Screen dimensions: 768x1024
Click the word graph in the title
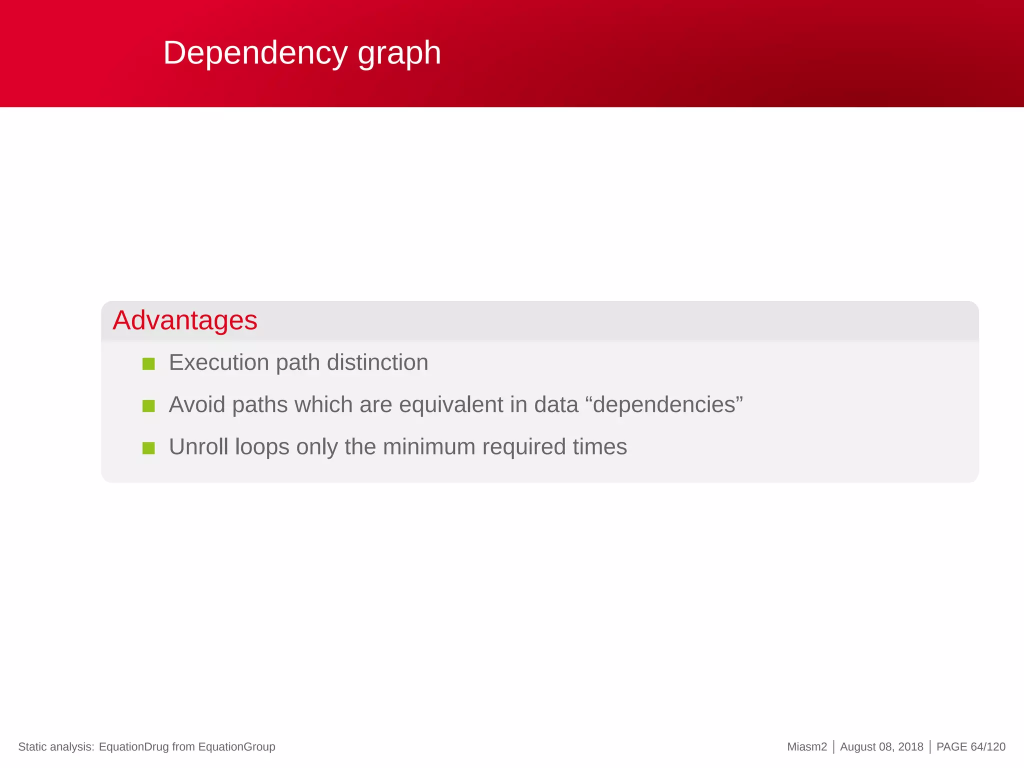[399, 53]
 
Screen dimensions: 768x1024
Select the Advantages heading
[185, 320]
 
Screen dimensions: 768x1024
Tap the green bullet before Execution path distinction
[148, 363]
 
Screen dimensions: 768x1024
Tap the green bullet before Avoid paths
[148, 405]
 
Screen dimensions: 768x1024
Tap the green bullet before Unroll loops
[148, 448]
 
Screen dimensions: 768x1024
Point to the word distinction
[377, 362]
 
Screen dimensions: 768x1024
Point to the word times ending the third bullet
[599, 446]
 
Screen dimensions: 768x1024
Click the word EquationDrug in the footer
[133, 747]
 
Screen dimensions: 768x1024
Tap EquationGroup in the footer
[236, 747]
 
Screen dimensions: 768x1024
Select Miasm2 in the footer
[806, 747]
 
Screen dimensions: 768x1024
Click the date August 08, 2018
[881, 747]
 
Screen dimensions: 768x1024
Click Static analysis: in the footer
[56, 747]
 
